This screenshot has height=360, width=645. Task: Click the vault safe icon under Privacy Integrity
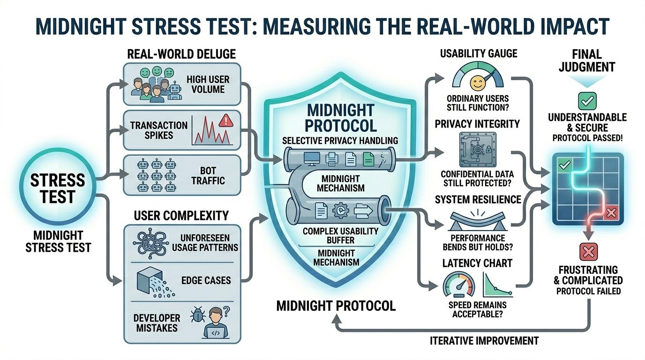tap(477, 150)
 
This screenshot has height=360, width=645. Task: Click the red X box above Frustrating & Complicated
tap(587, 252)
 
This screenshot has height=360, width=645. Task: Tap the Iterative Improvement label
tap(484, 340)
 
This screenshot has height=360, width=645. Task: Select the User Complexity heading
tap(181, 216)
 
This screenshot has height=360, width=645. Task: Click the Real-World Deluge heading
tap(181, 54)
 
